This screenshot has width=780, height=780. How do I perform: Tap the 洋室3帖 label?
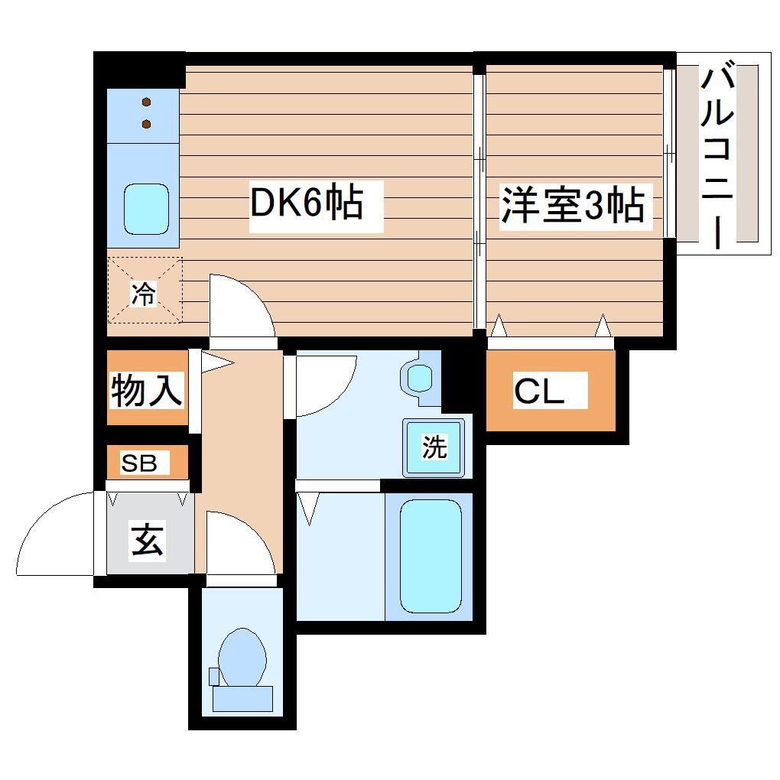(571, 204)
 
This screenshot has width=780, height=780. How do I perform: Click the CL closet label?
(538, 392)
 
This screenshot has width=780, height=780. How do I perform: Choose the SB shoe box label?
(140, 463)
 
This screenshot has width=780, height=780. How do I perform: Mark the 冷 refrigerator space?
(145, 291)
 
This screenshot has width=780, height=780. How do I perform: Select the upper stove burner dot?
(146, 102)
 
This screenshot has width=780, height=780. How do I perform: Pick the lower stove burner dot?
(146, 124)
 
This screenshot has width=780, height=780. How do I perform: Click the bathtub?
(431, 556)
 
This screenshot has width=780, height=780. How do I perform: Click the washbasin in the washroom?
(419, 377)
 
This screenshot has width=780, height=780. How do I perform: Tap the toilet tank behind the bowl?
(242, 698)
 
